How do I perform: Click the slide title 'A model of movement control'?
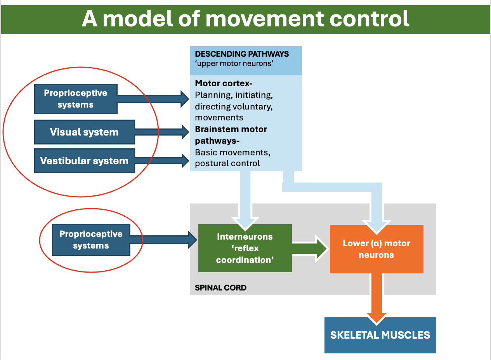tap(245, 19)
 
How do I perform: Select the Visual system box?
tap(84, 132)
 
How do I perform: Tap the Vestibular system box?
tap(84, 161)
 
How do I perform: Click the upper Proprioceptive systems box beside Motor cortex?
tap(76, 99)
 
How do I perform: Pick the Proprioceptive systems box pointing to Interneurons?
tap(91, 240)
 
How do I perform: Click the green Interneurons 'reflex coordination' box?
tap(245, 248)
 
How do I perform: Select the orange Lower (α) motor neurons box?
tap(376, 249)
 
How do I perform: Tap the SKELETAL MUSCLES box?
tap(380, 335)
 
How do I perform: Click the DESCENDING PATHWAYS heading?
tap(242, 54)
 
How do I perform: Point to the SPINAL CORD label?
tap(220, 288)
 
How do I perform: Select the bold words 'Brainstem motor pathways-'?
tap(231, 134)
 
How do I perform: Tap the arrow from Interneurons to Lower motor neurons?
tap(310, 248)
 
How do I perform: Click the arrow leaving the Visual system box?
tap(162, 132)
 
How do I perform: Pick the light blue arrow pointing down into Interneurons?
tap(245, 202)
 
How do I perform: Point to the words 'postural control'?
tap(227, 163)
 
